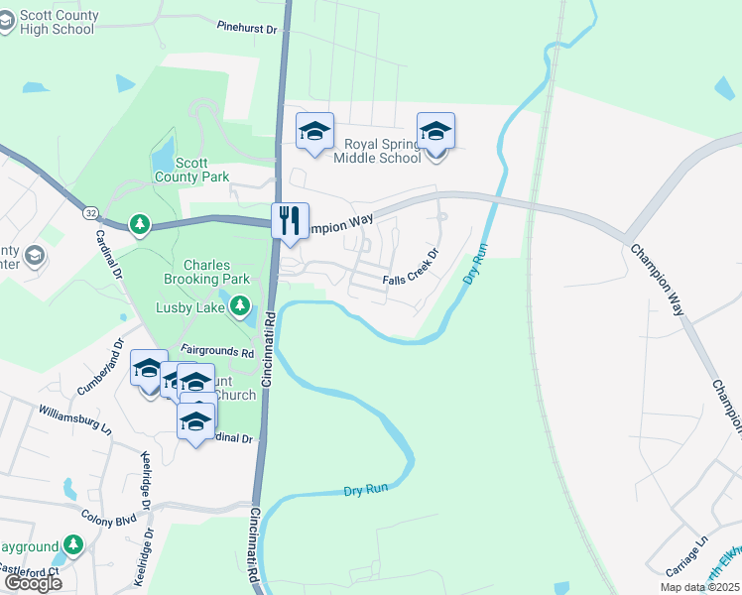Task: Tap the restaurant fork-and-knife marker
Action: click(x=291, y=220)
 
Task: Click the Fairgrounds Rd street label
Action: click(x=216, y=351)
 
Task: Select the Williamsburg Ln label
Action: click(x=75, y=416)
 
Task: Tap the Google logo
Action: click(x=32, y=583)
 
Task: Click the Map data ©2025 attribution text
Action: click(x=698, y=587)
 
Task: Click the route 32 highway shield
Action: click(x=90, y=213)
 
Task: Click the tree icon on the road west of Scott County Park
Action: click(x=140, y=224)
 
